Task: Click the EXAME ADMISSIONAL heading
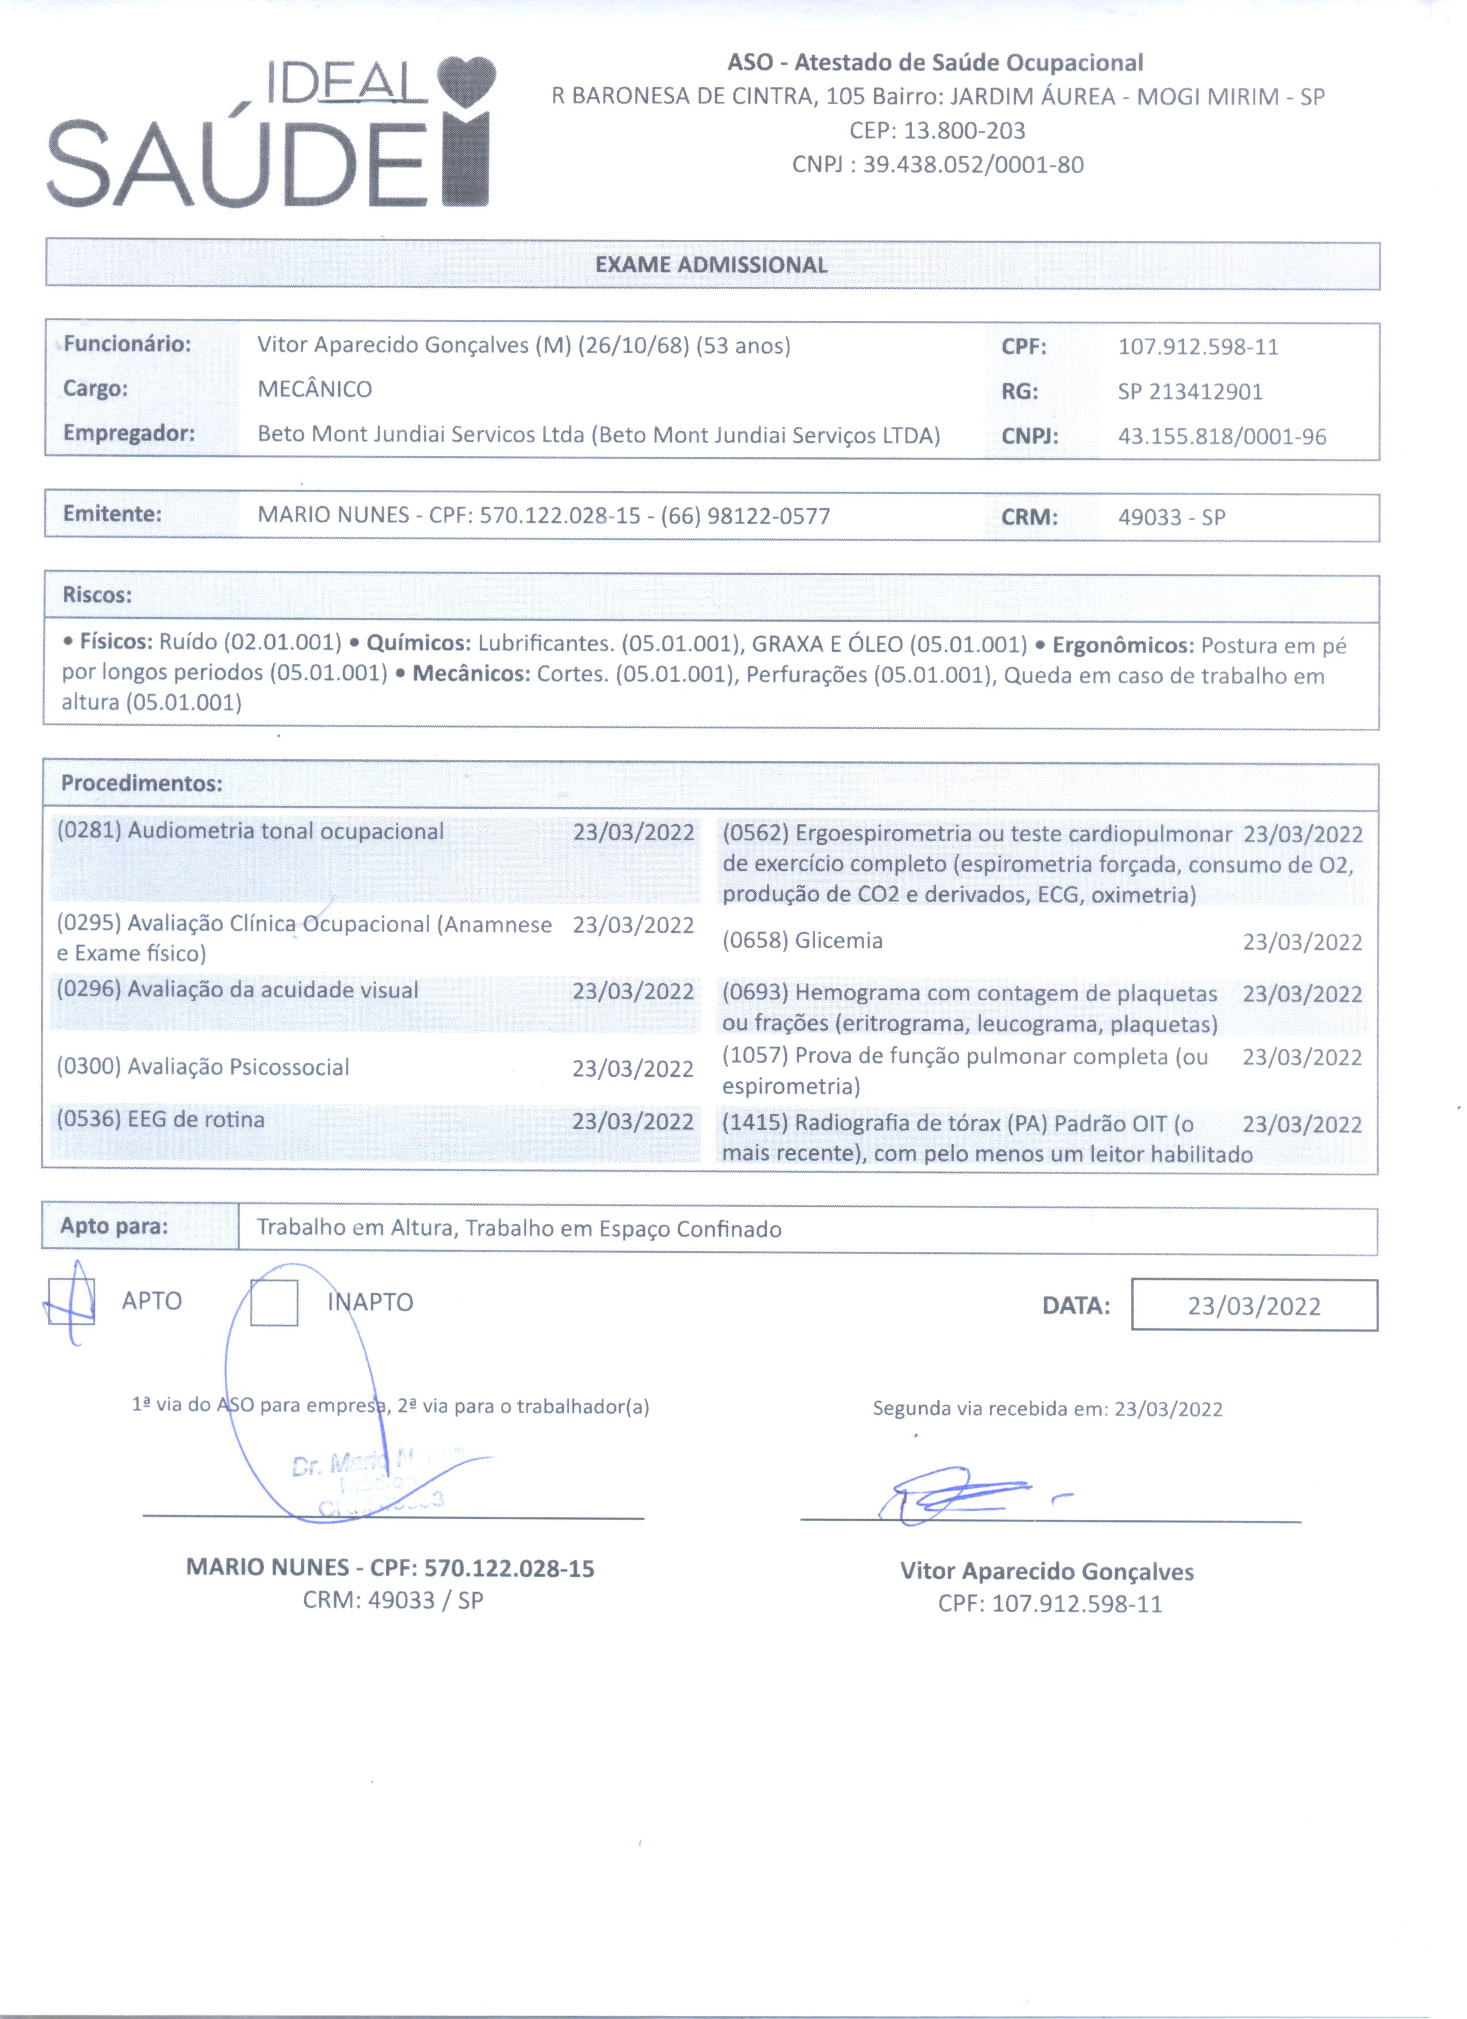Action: coord(711,265)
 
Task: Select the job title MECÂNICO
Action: coord(314,389)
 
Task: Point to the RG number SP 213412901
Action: coord(1190,392)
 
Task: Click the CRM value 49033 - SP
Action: coord(1171,517)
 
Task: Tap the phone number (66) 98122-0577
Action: coord(745,517)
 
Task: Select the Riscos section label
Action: coord(97,595)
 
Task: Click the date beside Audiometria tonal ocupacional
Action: coord(633,832)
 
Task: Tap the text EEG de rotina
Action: coord(196,1120)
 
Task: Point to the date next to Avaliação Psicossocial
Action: coord(632,1068)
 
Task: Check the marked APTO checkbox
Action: coord(71,1302)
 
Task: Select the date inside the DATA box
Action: coord(1254,1306)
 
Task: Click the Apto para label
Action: coord(114,1227)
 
